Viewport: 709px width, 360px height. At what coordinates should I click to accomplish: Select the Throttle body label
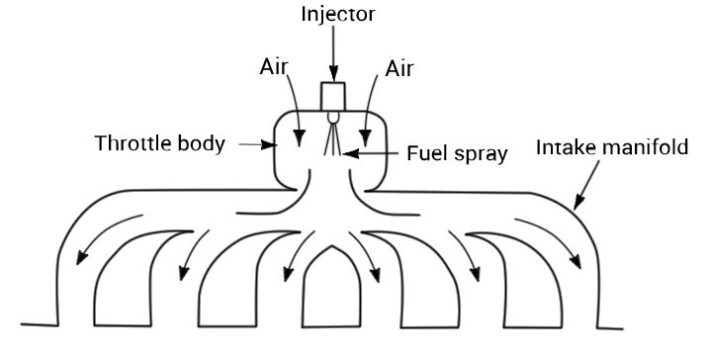[x=159, y=143]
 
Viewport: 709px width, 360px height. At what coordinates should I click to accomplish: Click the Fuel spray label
[x=457, y=153]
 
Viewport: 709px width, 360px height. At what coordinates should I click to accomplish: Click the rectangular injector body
[x=334, y=96]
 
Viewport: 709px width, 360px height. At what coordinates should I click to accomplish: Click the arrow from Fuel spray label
[x=371, y=152]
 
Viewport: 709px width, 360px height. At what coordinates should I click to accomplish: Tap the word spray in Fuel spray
[x=483, y=154]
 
